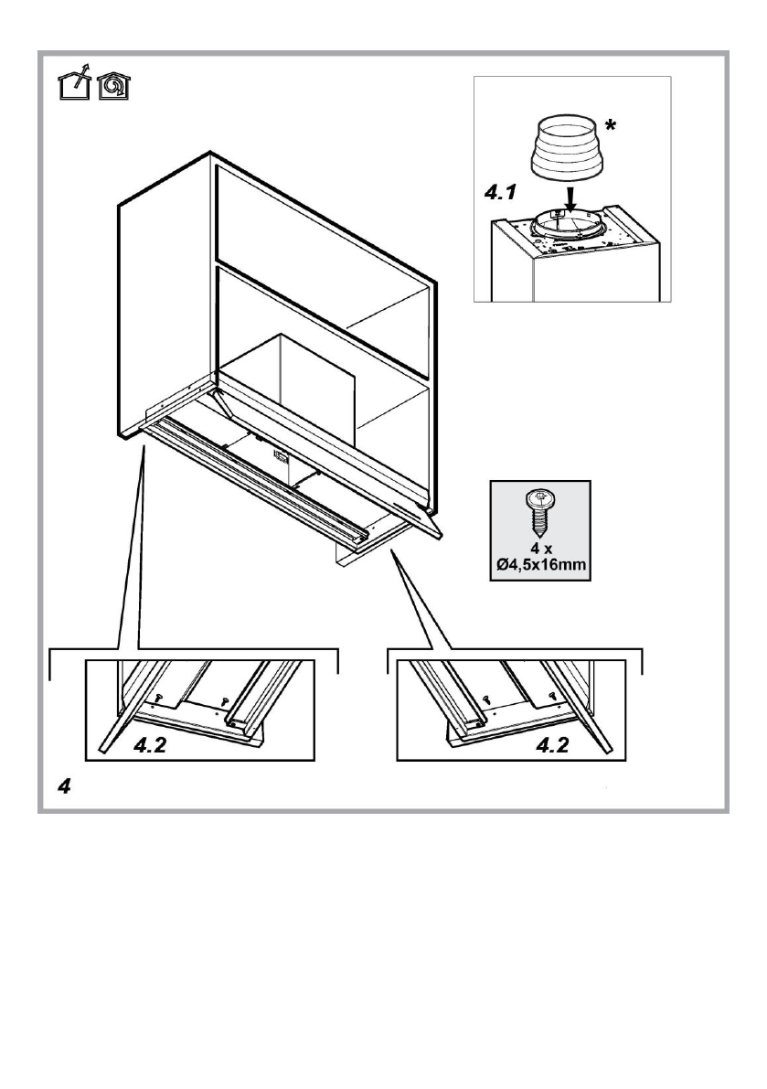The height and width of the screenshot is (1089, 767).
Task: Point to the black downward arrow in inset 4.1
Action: point(570,196)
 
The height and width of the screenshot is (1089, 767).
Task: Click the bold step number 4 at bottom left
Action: point(64,786)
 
